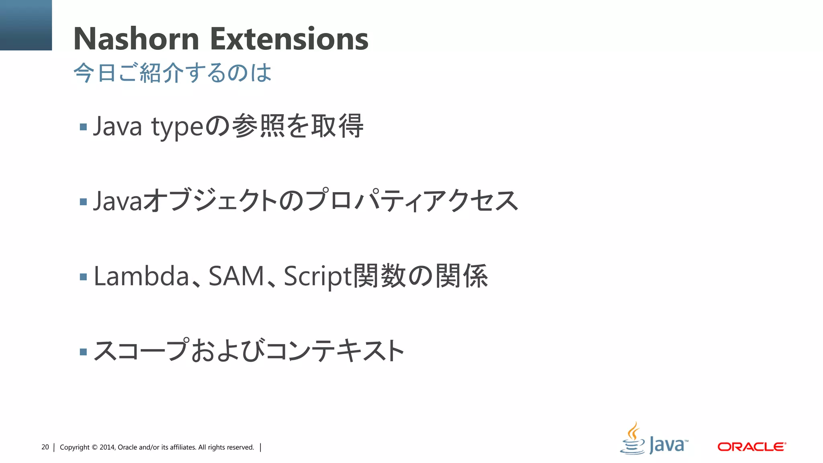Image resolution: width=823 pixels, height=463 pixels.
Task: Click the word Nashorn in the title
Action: point(136,39)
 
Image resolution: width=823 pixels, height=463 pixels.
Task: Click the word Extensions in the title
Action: point(289,39)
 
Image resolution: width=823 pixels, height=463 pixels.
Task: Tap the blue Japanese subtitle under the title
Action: point(172,73)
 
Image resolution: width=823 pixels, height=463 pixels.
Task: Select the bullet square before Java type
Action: point(84,127)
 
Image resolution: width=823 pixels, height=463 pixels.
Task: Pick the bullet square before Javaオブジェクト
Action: point(84,202)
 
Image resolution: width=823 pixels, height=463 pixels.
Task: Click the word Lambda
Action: point(141,276)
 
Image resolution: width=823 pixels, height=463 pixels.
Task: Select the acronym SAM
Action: point(236,276)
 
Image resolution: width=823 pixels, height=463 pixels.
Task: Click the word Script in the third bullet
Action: point(317,277)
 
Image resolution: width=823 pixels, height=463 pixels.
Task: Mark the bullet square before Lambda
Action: point(84,277)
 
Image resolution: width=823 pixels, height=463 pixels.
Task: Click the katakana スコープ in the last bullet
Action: point(141,350)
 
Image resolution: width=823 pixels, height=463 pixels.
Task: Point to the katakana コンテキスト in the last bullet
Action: point(334,350)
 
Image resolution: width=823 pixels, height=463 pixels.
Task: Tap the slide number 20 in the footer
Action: point(45,447)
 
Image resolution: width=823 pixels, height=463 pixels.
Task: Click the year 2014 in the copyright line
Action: point(107,447)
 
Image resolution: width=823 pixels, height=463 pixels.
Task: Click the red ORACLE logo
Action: point(751,447)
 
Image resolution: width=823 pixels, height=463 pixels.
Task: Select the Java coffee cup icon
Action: point(633,439)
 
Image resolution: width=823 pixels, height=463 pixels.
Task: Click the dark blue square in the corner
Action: point(26,25)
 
